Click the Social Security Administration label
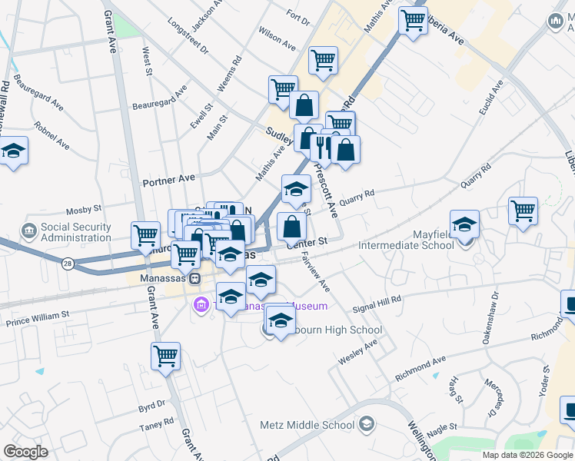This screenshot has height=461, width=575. click(75, 232)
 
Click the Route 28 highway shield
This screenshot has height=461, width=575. click(68, 264)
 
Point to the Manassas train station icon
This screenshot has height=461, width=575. click(194, 277)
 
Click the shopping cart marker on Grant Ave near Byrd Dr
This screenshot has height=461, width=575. click(165, 357)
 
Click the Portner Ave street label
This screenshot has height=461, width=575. click(169, 180)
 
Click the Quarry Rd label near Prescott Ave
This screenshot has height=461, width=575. click(359, 195)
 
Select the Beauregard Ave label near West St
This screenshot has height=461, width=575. click(160, 98)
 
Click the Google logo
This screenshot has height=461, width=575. click(25, 452)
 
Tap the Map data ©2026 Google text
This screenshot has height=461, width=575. click(527, 455)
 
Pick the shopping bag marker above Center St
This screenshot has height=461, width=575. click(291, 227)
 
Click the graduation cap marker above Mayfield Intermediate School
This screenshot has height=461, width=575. click(464, 224)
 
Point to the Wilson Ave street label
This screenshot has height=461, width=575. click(278, 40)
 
